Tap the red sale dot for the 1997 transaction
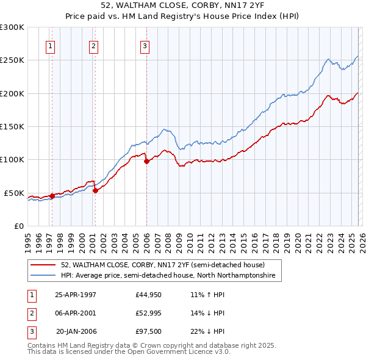pyautogui.click(x=52, y=196)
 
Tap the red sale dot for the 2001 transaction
pyautogui.click(x=95, y=190)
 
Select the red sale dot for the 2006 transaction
pyautogui.click(x=146, y=162)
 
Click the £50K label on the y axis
pyautogui.click(x=13, y=193)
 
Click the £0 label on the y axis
pyautogui.click(x=18, y=226)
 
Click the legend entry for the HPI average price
pyautogui.click(x=168, y=276)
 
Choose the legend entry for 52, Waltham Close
pyautogui.click(x=162, y=265)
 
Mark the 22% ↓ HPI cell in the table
pyautogui.click(x=207, y=333)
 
